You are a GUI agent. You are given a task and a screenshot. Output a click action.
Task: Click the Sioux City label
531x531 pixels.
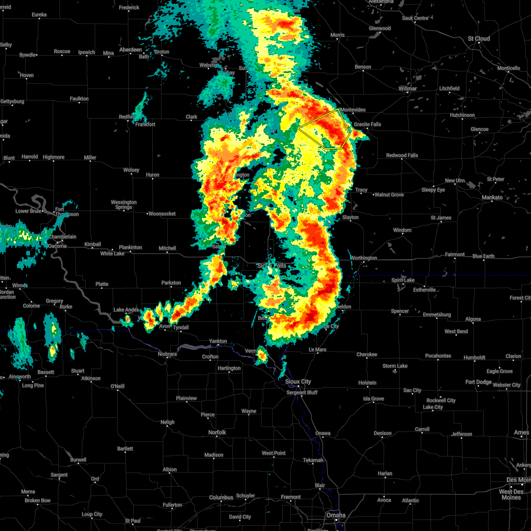pyautogui.click(x=298, y=381)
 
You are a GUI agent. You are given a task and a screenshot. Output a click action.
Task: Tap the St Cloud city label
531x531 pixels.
pyautogui.click(x=479, y=39)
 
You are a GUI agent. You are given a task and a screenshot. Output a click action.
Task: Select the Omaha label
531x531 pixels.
pyautogui.click(x=336, y=515)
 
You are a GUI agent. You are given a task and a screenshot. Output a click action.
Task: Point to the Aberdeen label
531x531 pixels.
pyautogui.click(x=131, y=50)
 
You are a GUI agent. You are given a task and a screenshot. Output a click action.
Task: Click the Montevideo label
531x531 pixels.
pyautogui.click(x=353, y=110)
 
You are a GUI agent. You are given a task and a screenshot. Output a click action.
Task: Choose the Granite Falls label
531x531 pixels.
pyautogui.click(x=367, y=124)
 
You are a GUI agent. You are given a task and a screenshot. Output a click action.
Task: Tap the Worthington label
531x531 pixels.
pyautogui.click(x=364, y=258)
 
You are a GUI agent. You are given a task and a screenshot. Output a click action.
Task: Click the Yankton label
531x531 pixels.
pyautogui.click(x=218, y=341)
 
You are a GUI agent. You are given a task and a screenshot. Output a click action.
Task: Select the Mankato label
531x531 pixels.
pyautogui.click(x=492, y=198)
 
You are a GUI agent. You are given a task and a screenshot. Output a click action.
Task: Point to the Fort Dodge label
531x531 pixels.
pyautogui.click(x=478, y=382)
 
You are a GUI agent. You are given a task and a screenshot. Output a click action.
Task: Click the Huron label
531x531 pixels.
pyautogui.click(x=153, y=175)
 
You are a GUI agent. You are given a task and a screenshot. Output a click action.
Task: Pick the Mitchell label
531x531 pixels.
pyautogui.click(x=167, y=248)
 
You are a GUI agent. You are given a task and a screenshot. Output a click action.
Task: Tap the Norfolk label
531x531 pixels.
pyautogui.click(x=217, y=432)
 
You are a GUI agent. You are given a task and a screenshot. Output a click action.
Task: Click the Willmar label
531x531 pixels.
pyautogui.click(x=408, y=88)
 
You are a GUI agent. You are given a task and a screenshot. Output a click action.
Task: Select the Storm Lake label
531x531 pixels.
pyautogui.click(x=395, y=366)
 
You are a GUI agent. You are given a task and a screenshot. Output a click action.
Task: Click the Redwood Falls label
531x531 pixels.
pyautogui.click(x=402, y=155)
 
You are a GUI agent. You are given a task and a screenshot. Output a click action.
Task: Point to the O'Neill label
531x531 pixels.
pyautogui.click(x=117, y=386)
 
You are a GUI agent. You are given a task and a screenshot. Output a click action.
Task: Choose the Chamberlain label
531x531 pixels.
pyautogui.click(x=62, y=237)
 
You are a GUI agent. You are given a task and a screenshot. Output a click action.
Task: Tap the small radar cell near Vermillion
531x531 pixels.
pyautogui.click(x=262, y=354)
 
